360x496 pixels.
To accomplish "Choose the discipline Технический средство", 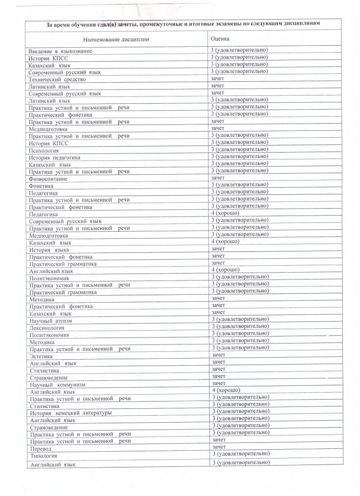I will coord(57,79).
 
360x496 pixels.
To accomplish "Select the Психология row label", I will coord(44,150).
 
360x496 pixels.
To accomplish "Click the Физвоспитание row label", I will coord(48,179).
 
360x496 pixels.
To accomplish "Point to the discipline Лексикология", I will coord(47,327).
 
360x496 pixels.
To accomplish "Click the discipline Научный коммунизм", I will coord(58,384).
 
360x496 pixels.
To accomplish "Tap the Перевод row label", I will coord(41,448).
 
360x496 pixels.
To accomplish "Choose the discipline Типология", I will coord(43,456).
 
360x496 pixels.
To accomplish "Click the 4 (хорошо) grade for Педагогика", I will coord(225,214).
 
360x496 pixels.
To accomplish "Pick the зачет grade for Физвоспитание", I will coord(217,178).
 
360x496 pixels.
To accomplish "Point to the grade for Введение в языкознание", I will coord(239,50).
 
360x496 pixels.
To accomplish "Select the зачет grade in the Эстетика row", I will coord(218,354).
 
